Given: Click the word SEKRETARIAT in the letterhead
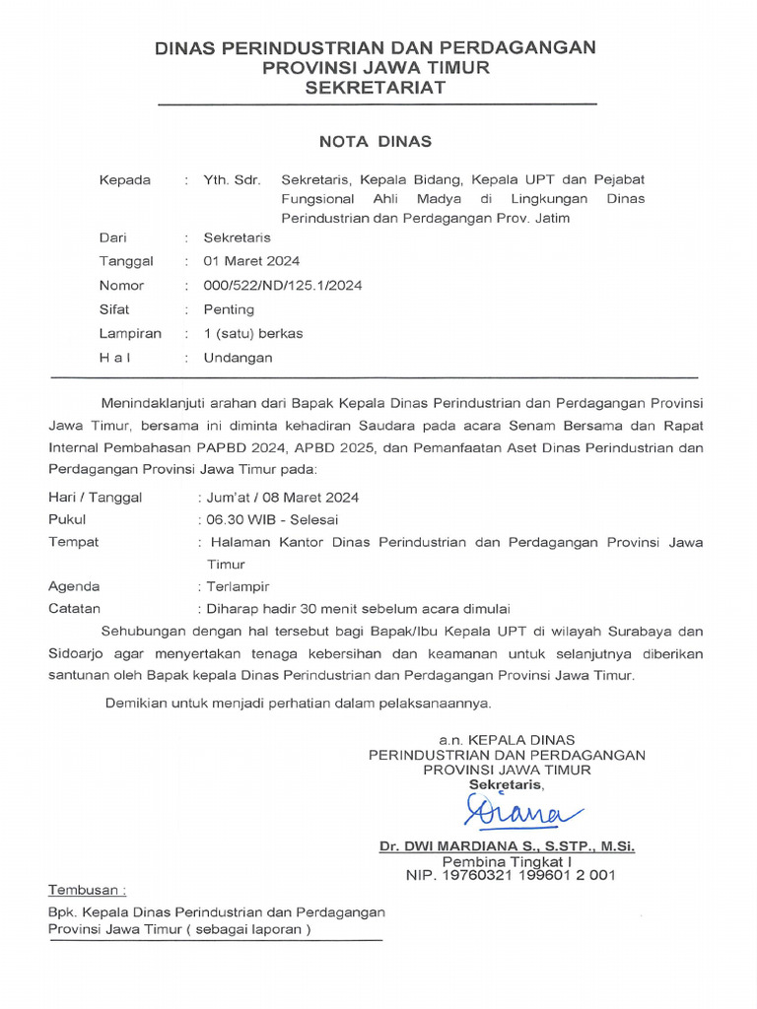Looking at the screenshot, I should click(x=375, y=88).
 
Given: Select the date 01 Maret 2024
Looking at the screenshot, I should click(x=251, y=261).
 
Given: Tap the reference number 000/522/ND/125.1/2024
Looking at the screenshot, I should click(x=283, y=286).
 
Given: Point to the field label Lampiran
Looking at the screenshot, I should click(x=130, y=333).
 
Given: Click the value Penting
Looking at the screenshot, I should click(x=229, y=309).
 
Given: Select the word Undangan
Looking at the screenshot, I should click(x=238, y=357).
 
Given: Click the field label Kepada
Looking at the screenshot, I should click(x=125, y=180).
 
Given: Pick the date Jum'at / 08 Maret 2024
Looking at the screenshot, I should click(x=280, y=497).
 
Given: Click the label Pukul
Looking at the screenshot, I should click(x=67, y=519).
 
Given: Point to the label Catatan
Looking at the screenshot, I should click(x=74, y=609).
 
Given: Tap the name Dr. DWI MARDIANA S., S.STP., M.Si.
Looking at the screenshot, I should click(x=508, y=846).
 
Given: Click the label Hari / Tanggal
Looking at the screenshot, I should click(x=95, y=497).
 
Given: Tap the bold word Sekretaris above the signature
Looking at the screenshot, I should click(x=506, y=784).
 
